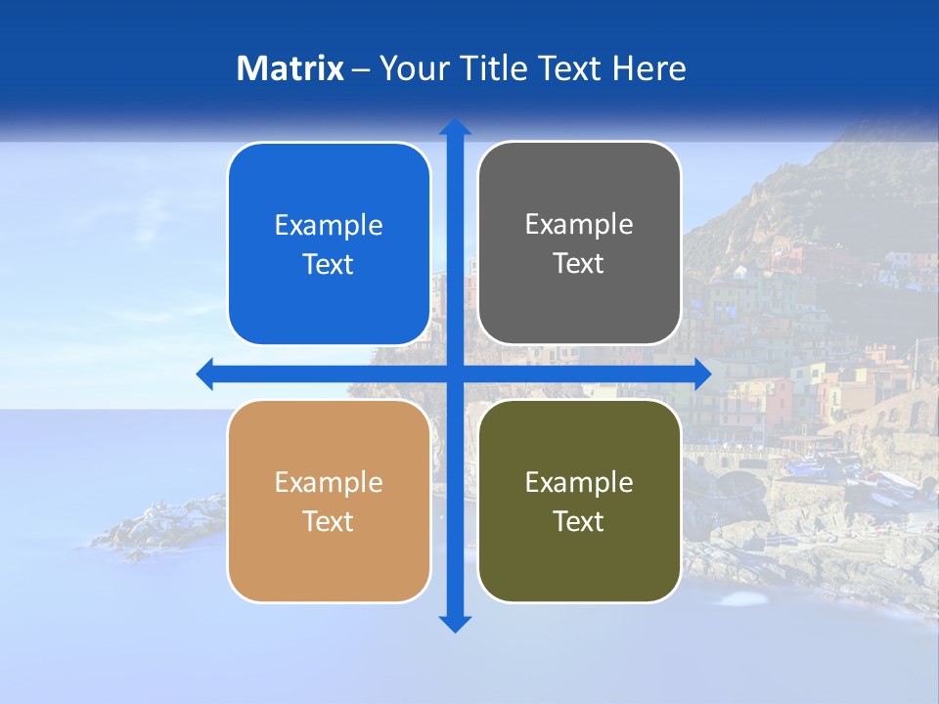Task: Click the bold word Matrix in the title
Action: pyautogui.click(x=291, y=68)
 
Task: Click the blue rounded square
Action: pyautogui.click(x=329, y=243)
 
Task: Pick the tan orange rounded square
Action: pyautogui.click(x=329, y=501)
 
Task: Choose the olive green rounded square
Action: pyautogui.click(x=579, y=501)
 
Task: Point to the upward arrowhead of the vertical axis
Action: pyautogui.click(x=455, y=128)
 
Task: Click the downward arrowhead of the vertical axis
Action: pyautogui.click(x=455, y=623)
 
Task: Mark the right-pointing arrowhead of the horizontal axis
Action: pyautogui.click(x=702, y=374)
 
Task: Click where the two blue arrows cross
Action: pyautogui.click(x=455, y=374)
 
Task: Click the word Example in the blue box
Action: pyautogui.click(x=329, y=226)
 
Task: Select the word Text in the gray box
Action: pyautogui.click(x=579, y=264)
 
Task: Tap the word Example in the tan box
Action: pyautogui.click(x=329, y=483)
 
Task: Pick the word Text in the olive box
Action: pyautogui.click(x=579, y=521)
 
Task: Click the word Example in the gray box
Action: pyautogui.click(x=579, y=225)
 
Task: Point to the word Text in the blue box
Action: pyautogui.click(x=329, y=265)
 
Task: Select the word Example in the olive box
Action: pyautogui.click(x=579, y=483)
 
